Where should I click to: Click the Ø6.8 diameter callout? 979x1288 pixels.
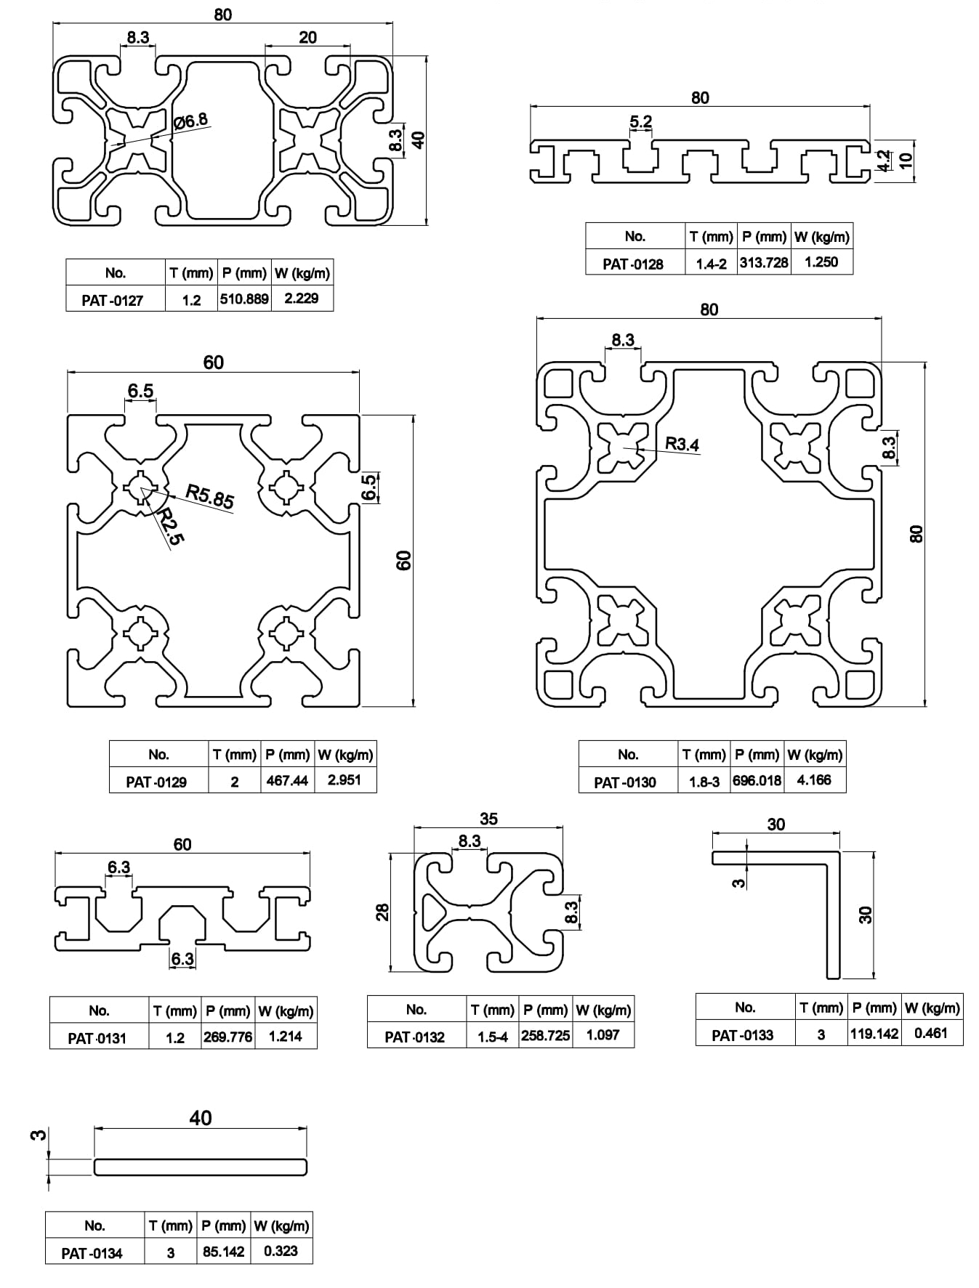pos(191,120)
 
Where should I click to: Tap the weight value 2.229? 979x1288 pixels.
pos(302,298)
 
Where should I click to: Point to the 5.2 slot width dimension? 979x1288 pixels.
pos(640,121)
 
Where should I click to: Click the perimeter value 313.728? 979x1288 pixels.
pos(764,262)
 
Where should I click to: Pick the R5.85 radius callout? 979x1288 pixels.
pos(210,495)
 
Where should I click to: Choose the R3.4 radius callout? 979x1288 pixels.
pos(682,443)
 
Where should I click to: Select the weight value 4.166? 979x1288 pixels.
pos(814,779)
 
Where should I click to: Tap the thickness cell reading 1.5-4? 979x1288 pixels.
pos(492,1037)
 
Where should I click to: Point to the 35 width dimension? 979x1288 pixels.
pos(489,819)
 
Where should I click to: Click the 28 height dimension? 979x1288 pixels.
pos(383,912)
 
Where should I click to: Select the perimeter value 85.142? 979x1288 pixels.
pos(223,1252)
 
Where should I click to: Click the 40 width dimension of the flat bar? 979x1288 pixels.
pos(201,1117)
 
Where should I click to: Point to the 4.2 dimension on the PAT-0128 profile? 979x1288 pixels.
pos(884,161)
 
